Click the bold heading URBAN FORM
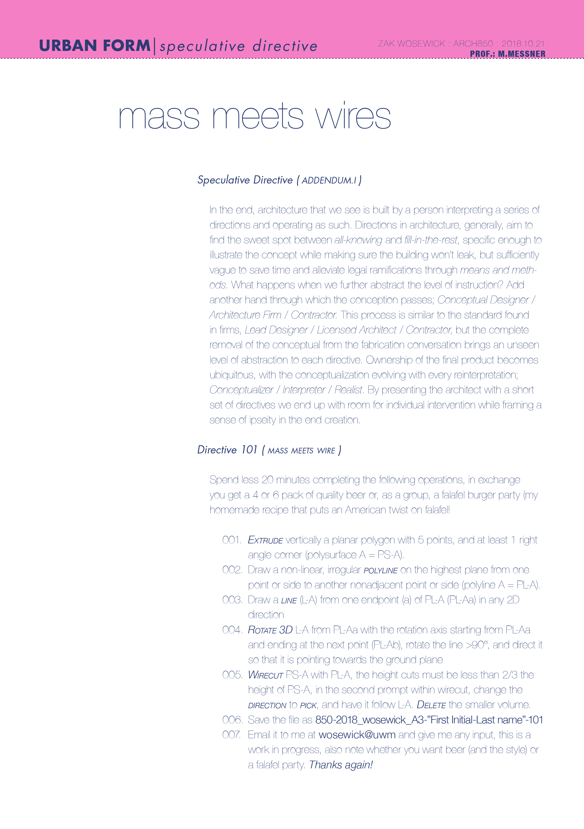pyautogui.click(x=95, y=46)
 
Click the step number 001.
pyautogui.click(x=231, y=540)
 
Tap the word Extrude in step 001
pyautogui.click(x=265, y=540)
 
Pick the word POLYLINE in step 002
pyautogui.click(x=380, y=570)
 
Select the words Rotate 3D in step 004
pyautogui.click(x=270, y=630)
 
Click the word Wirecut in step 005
pyautogui.click(x=265, y=675)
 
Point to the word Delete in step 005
pyautogui.click(x=431, y=705)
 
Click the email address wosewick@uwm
pyautogui.click(x=357, y=735)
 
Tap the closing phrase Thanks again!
pyautogui.click(x=341, y=765)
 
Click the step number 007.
pyautogui.click(x=231, y=735)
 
